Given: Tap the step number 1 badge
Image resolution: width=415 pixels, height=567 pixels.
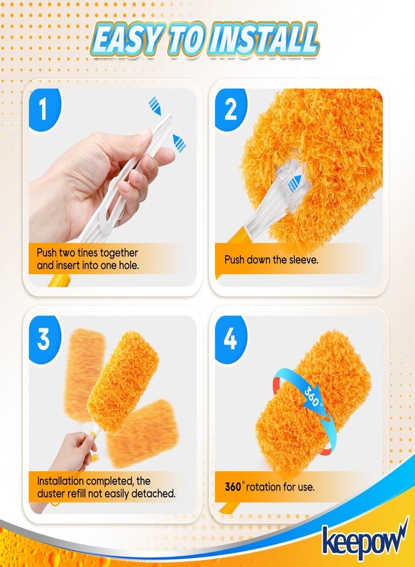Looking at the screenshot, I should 43,108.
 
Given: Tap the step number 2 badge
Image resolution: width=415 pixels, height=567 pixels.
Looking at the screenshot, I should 230,109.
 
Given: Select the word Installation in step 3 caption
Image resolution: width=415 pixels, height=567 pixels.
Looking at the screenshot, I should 63,481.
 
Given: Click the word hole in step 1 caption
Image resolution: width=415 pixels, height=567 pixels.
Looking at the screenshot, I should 124,265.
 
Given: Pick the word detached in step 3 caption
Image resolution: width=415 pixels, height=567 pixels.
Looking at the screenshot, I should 152,493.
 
